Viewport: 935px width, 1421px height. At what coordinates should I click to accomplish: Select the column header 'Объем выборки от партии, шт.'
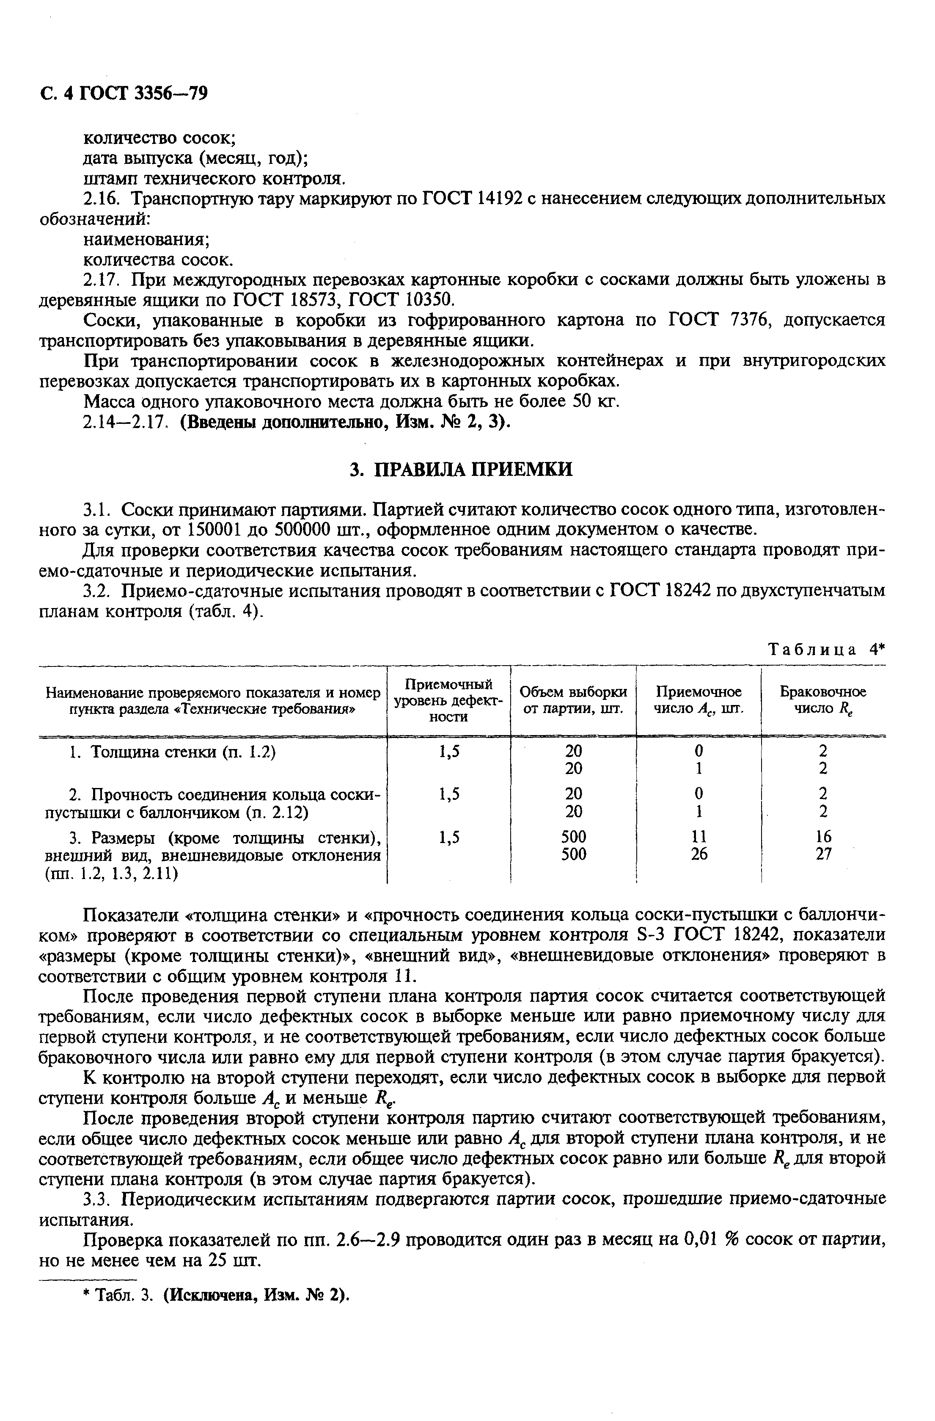click(x=573, y=700)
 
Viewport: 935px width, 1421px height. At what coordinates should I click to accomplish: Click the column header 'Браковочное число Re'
click(x=823, y=700)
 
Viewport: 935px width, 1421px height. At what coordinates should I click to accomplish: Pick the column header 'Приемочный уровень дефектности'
click(x=449, y=700)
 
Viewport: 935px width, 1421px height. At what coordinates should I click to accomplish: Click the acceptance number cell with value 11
click(x=699, y=836)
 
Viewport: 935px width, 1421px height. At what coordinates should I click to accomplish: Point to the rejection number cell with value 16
click(x=823, y=836)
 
